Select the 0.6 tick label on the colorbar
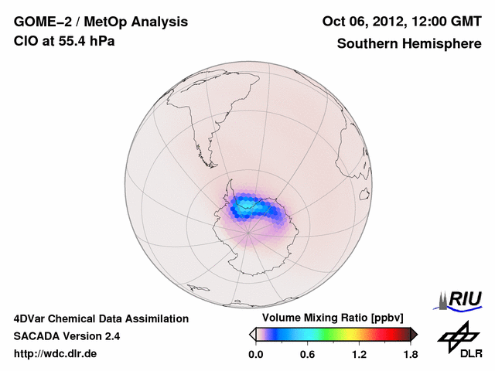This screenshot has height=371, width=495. pyautogui.click(x=307, y=354)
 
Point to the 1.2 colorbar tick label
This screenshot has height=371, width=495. pyautogui.click(x=359, y=354)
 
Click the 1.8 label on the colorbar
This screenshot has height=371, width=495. pyautogui.click(x=410, y=354)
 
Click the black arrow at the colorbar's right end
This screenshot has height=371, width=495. pyautogui.click(x=414, y=334)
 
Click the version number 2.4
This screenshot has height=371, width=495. pyautogui.click(x=110, y=336)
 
